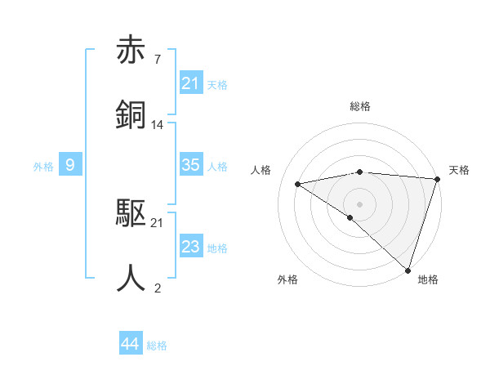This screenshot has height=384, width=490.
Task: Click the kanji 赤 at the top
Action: click(x=131, y=51)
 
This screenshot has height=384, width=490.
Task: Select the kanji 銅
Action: click(x=131, y=114)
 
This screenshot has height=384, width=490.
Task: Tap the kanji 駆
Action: click(x=131, y=213)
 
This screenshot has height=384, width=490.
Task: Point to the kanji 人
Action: click(x=131, y=277)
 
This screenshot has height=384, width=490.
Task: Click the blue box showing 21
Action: click(x=191, y=83)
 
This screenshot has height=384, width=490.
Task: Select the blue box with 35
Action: click(x=191, y=165)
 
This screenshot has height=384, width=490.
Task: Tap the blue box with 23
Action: click(x=191, y=247)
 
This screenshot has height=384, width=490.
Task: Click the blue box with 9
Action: click(x=70, y=165)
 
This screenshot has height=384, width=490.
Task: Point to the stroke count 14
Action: click(x=158, y=125)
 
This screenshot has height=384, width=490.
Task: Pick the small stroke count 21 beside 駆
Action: click(x=157, y=223)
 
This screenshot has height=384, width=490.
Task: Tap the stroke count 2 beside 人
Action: click(x=157, y=288)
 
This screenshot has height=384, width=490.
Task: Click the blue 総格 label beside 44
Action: click(x=157, y=346)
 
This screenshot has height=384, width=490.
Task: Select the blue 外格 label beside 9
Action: click(x=43, y=166)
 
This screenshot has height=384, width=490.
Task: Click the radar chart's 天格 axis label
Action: click(x=459, y=170)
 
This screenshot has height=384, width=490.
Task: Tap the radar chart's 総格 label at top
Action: click(x=360, y=106)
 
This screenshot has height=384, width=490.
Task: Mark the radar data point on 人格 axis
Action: click(x=298, y=184)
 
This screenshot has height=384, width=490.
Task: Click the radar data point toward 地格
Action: click(x=408, y=270)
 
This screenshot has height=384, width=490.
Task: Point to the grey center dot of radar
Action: click(x=360, y=203)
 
